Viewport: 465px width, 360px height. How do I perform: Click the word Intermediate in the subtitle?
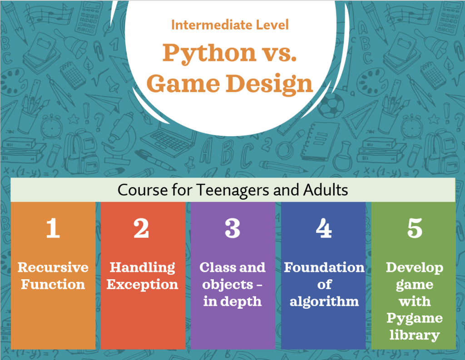tap(212, 25)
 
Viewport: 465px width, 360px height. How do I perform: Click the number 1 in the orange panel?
tap(53, 228)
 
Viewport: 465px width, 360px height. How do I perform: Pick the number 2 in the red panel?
tap(141, 228)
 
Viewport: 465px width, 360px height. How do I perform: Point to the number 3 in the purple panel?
tap(232, 228)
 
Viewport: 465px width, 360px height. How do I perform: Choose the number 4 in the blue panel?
tap(323, 228)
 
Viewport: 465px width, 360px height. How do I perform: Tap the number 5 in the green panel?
tap(415, 228)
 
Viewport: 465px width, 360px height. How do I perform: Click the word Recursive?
tap(53, 267)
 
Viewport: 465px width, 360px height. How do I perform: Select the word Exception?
tap(142, 285)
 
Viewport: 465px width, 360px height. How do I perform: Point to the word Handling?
tap(142, 268)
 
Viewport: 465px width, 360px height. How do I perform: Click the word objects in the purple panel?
tap(228, 285)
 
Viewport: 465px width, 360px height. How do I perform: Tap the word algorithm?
tap(324, 302)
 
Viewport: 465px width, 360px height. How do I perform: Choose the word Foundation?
tap(324, 267)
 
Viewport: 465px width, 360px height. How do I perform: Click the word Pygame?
tap(415, 319)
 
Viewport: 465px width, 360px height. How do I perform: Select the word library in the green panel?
tap(415, 335)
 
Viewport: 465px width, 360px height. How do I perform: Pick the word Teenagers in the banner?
tap(232, 190)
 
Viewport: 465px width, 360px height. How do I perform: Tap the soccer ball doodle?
tap(331, 106)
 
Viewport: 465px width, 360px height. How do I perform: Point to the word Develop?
tap(415, 268)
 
